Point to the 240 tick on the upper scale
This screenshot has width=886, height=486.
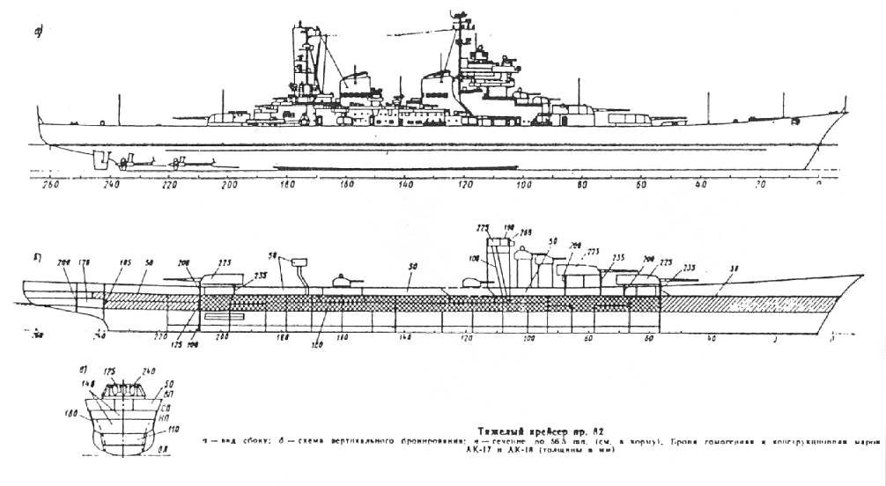[110, 186]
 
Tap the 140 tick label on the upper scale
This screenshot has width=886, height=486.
[406, 186]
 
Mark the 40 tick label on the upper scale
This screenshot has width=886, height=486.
[701, 186]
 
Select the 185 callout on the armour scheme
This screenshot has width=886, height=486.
[124, 262]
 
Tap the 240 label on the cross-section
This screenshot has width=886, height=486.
[150, 372]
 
